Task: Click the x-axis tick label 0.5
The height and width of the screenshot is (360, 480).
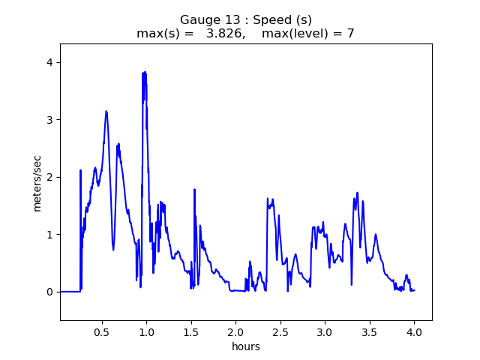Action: coord(101,331)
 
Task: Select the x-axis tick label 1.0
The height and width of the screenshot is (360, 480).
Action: coord(146,331)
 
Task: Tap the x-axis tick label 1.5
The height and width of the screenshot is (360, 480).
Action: coord(191,331)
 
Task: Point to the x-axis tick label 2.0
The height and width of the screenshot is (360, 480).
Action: coord(235,331)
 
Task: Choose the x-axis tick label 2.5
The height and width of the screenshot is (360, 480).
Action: coord(280,331)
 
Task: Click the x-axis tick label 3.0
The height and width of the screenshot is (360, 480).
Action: coord(325,331)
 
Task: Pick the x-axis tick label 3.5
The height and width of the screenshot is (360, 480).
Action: coord(370,331)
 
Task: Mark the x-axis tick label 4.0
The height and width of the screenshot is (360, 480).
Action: coord(414,331)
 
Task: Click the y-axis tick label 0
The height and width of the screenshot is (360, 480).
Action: coord(50,292)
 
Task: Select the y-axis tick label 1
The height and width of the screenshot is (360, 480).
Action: coord(50,235)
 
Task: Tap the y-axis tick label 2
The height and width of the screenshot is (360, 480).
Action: coord(50,177)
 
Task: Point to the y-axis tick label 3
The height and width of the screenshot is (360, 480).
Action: coord(50,120)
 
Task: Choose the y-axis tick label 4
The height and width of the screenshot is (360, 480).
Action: coord(50,62)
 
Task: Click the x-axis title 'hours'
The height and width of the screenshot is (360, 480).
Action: coord(246,346)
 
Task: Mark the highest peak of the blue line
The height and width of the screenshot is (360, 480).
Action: coord(143,72)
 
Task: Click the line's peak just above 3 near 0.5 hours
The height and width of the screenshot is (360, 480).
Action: coord(106,111)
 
